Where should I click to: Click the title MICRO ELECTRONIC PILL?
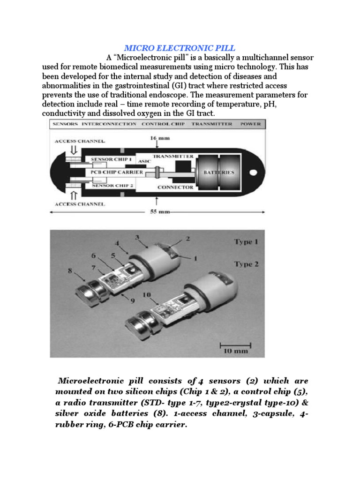click(x=180, y=48)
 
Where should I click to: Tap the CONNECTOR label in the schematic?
click(x=175, y=187)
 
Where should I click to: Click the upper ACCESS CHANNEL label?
click(x=79, y=140)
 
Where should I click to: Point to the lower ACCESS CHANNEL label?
click(x=79, y=204)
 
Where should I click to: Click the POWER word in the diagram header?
click(x=251, y=124)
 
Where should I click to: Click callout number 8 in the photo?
click(x=70, y=270)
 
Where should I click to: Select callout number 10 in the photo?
click(x=146, y=294)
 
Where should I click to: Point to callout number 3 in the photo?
click(x=136, y=237)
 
